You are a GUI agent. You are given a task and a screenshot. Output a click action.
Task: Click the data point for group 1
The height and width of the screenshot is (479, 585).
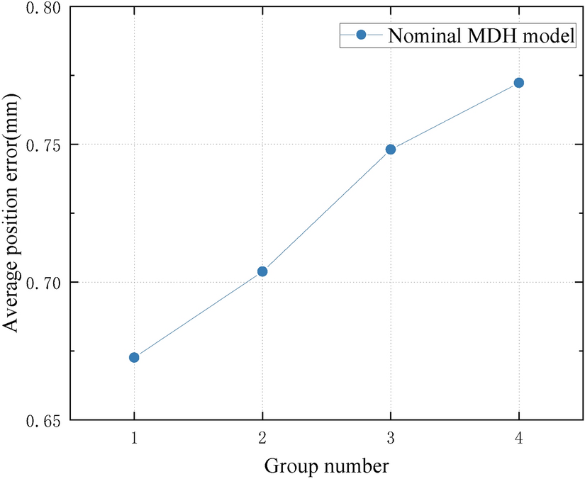click(134, 357)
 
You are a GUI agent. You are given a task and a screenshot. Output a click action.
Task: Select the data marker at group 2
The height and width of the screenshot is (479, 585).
click(262, 271)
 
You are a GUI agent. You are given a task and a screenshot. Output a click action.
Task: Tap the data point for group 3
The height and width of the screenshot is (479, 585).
click(391, 150)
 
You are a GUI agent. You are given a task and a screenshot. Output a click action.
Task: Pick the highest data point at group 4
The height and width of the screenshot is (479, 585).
click(518, 83)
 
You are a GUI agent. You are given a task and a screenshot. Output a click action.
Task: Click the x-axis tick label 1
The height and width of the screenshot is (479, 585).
click(134, 439)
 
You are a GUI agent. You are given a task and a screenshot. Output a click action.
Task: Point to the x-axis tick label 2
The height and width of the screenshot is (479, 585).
click(262, 439)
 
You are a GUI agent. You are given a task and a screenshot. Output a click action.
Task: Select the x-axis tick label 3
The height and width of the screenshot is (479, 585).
click(391, 439)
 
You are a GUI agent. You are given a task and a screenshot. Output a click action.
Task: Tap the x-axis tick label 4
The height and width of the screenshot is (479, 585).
click(518, 439)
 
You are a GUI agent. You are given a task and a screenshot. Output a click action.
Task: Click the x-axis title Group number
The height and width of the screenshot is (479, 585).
click(326, 466)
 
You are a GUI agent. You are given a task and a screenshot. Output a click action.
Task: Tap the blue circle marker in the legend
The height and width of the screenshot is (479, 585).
click(360, 35)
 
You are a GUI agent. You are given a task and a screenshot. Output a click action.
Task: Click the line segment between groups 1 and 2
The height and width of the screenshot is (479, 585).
click(199, 314)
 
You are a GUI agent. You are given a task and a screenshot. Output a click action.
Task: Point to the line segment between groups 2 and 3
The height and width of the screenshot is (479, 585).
click(326, 210)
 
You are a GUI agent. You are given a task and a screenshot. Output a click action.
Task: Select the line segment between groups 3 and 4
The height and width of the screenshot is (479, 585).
click(455, 116)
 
